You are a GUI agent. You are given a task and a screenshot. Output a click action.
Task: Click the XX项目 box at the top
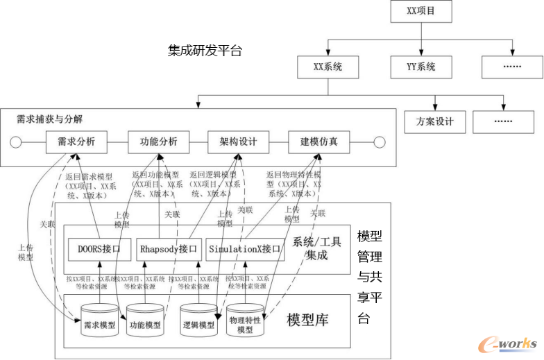pos(420,12)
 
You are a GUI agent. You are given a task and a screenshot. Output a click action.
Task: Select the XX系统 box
pos(328,67)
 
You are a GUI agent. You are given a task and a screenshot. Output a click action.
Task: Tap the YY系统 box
pos(421,67)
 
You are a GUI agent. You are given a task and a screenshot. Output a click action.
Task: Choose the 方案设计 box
pos(435,121)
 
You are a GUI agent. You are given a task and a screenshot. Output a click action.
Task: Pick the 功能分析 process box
pos(158,142)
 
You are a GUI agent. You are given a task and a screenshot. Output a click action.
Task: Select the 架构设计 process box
pos(239,142)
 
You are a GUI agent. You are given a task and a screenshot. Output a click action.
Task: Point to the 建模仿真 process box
pos(319,142)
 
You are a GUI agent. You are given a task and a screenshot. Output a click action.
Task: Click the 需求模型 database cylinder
pos(99,322)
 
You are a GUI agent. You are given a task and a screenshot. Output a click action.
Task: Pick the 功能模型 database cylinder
pos(146,322)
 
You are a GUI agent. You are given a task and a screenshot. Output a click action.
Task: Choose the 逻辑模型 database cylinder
pos(198,322)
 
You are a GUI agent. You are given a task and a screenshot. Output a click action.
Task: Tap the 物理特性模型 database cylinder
pos(245,322)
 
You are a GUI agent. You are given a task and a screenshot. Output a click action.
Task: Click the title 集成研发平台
pos(205,51)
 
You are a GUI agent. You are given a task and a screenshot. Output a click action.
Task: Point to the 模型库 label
pos(308,320)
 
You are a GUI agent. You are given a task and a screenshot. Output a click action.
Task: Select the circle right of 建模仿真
pos(379,143)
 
